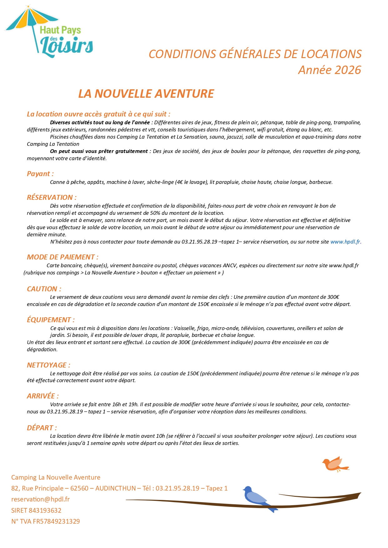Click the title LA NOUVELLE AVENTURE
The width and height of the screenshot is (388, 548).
click(146, 94)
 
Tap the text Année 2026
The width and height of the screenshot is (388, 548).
click(330, 70)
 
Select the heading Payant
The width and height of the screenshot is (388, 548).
click(40, 174)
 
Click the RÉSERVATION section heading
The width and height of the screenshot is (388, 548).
click(52, 197)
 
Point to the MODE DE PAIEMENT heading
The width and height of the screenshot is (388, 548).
click(63, 257)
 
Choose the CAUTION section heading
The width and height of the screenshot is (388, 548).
click(44, 289)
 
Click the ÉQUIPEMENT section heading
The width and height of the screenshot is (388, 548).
click(51, 320)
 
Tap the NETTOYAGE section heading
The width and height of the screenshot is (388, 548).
click(48, 365)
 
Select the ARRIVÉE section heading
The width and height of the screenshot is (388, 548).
click(43, 396)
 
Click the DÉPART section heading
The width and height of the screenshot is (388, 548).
click(42, 428)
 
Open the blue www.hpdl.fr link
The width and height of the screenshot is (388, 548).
click(345, 242)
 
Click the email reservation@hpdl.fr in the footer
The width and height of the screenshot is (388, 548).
click(40, 499)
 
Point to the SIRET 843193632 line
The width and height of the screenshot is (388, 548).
click(36, 511)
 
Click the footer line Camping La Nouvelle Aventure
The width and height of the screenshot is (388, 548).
click(56, 477)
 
